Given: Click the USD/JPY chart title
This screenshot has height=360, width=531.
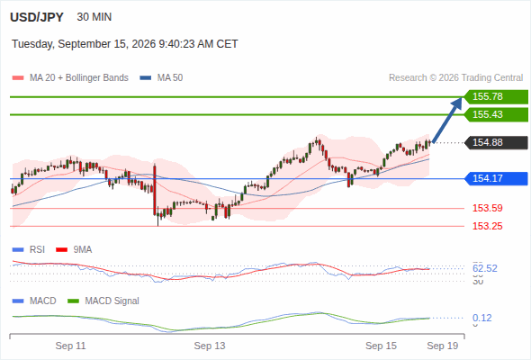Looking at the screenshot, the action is [x=37, y=17].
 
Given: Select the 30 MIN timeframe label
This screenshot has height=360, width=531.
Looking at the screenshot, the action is [x=94, y=17].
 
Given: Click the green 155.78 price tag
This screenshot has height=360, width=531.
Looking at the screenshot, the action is [x=496, y=96].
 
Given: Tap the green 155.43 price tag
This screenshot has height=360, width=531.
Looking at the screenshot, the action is [x=496, y=114].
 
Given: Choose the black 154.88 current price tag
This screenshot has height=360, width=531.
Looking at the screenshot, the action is [x=496, y=142].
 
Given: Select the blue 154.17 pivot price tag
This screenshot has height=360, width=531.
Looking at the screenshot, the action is [x=496, y=178].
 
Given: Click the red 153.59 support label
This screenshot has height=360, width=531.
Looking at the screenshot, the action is [x=487, y=208].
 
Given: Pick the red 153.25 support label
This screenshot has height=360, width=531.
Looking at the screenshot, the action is [x=487, y=226].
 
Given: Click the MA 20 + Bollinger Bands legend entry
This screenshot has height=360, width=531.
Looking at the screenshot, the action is [x=70, y=78].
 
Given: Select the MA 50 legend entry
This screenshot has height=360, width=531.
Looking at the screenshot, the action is [x=161, y=78].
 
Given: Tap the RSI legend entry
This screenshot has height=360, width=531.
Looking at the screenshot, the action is [x=29, y=249].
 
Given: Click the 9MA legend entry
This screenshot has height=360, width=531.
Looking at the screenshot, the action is [x=74, y=249].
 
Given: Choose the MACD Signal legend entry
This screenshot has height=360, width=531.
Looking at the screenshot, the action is [x=103, y=301].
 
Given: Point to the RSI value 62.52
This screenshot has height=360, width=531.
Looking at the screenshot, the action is [x=485, y=268].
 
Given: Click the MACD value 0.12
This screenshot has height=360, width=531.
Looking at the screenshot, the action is [x=481, y=318].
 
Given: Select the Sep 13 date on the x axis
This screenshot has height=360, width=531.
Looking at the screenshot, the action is [x=210, y=346].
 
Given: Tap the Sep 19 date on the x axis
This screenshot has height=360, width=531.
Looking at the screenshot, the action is [x=443, y=346].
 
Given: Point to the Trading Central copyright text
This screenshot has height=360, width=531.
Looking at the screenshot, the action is [x=455, y=78].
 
